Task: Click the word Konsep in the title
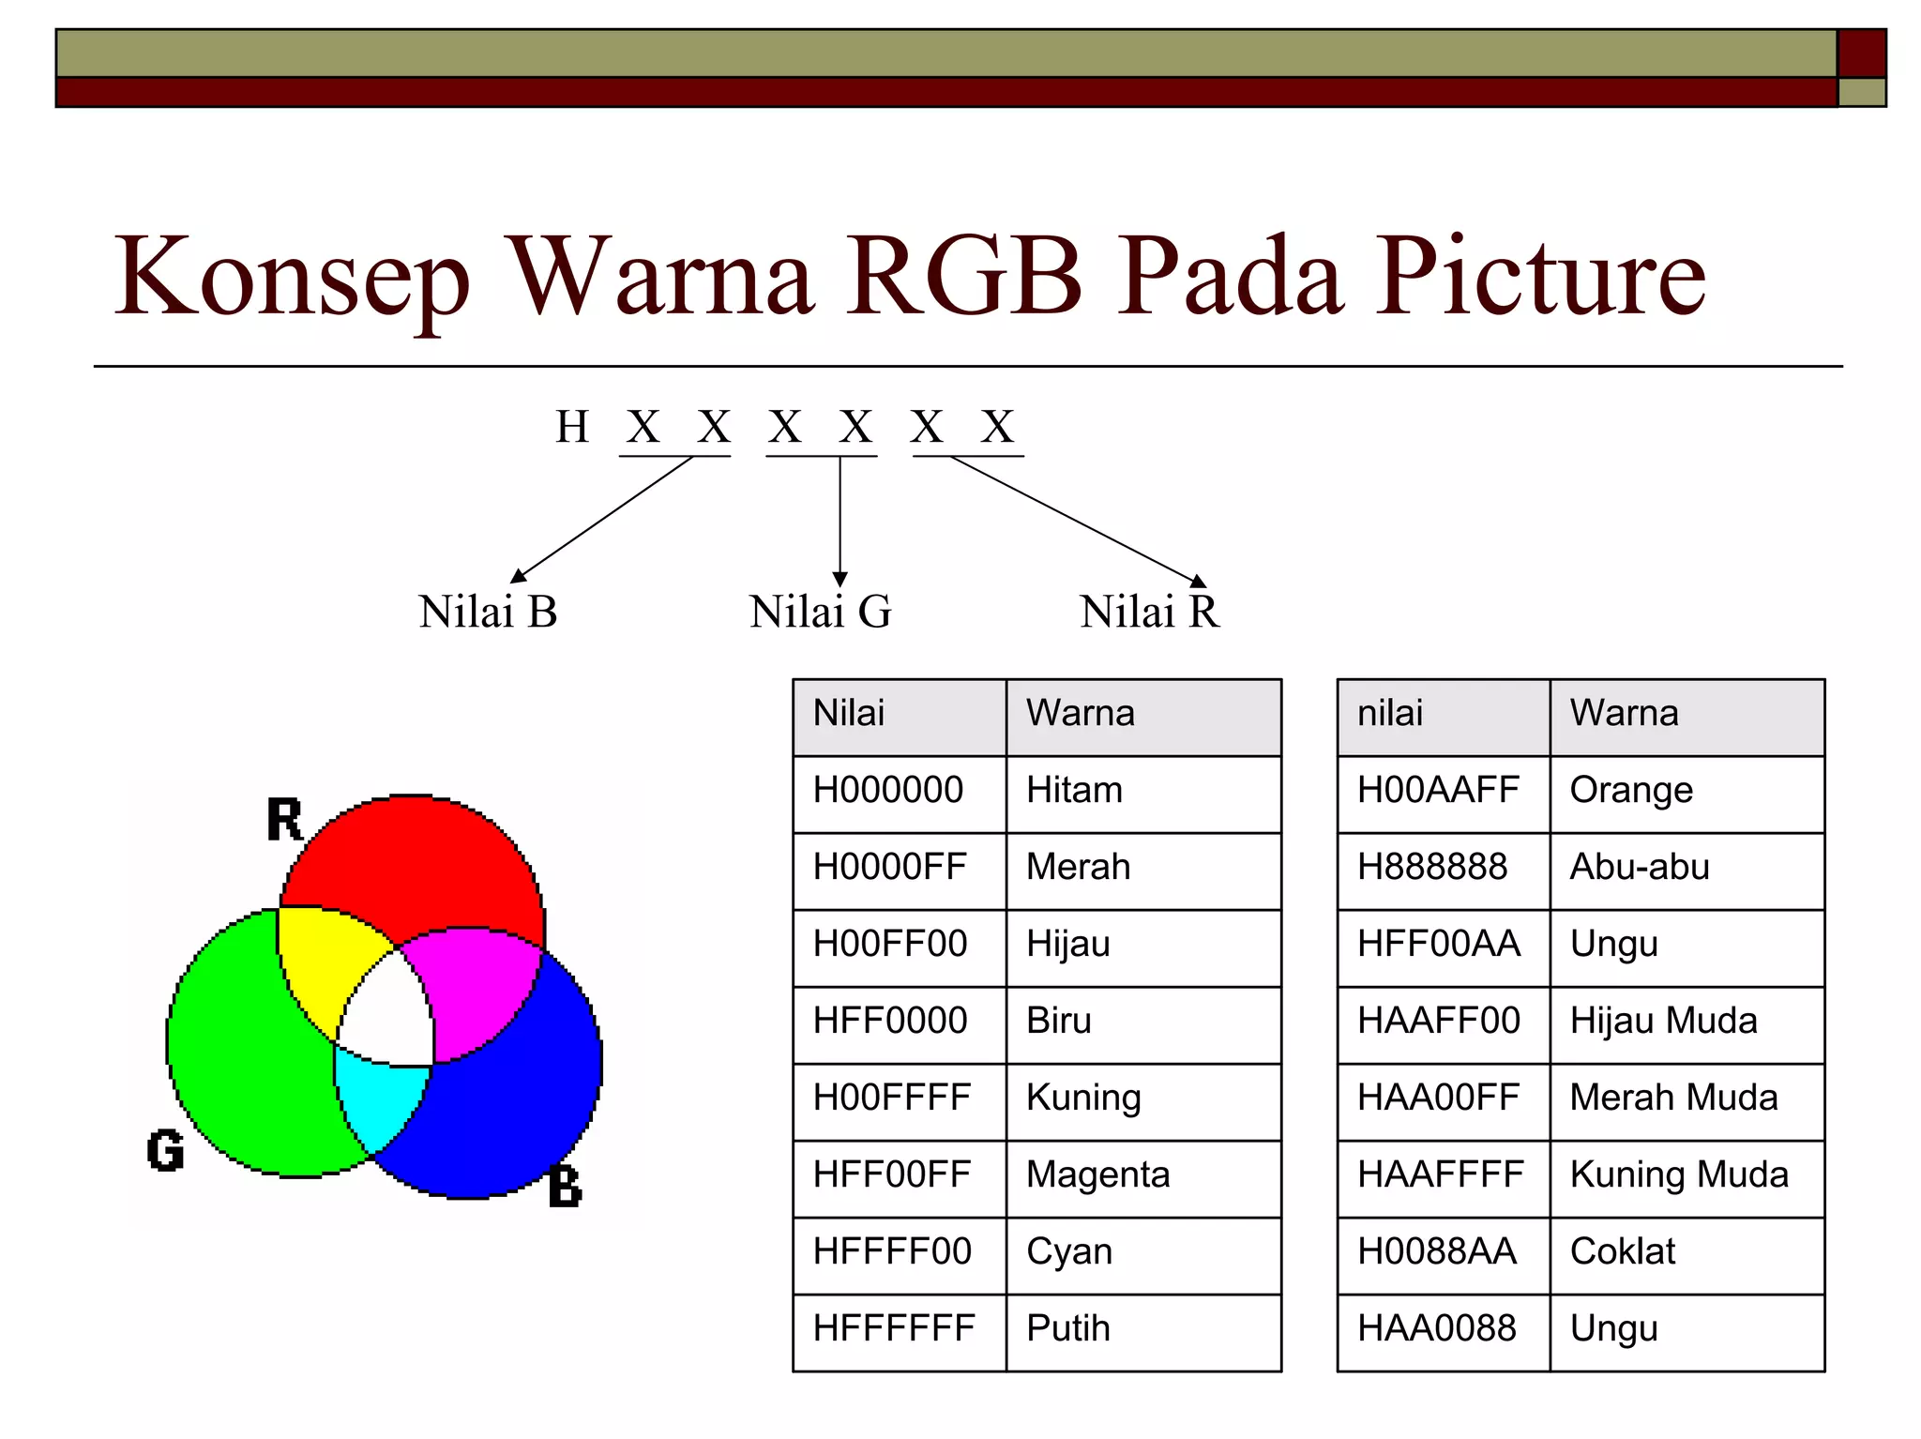click(291, 278)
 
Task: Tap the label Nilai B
click(488, 612)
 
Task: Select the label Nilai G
click(820, 612)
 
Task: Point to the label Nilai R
click(1149, 612)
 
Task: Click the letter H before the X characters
click(572, 428)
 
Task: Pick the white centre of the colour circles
click(389, 1018)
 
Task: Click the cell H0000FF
click(889, 868)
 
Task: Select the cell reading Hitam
click(1074, 791)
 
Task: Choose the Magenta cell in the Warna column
click(1097, 1175)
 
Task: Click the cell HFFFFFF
click(893, 1329)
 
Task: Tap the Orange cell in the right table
click(1631, 791)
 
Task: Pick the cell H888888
click(1432, 868)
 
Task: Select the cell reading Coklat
click(1622, 1252)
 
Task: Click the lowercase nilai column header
click(1389, 714)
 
